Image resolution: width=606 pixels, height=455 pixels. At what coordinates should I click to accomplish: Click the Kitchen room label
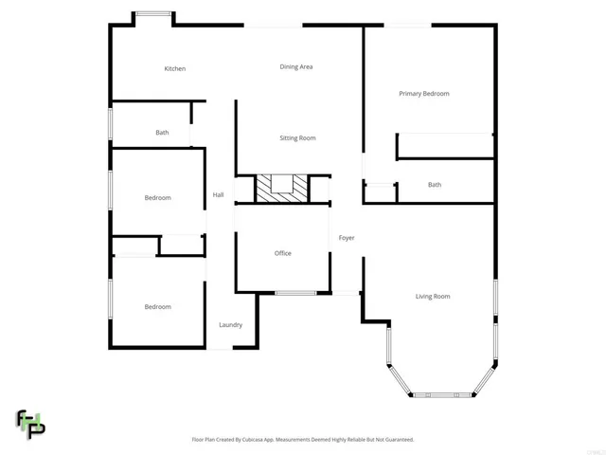[x=174, y=69]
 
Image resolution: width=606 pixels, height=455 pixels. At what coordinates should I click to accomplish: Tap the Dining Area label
[x=296, y=67]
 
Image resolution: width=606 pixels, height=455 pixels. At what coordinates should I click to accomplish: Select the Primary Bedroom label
[x=423, y=94]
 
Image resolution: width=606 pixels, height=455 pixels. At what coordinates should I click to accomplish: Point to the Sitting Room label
[x=297, y=138]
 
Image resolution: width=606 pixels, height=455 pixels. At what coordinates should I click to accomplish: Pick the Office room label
[x=282, y=253]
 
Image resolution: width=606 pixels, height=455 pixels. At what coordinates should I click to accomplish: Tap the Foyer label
[x=347, y=238]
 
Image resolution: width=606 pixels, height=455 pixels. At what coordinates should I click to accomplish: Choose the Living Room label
[x=433, y=297]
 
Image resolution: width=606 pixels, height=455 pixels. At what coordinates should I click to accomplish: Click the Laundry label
[x=230, y=325]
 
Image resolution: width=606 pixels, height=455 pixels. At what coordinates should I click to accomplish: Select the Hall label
[x=218, y=195]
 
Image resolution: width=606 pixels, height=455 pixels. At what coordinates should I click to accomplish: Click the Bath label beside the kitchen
[x=162, y=133]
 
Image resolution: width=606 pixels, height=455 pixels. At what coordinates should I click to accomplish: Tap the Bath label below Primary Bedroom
[x=434, y=185]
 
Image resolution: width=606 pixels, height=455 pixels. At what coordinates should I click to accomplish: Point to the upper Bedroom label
[x=157, y=198]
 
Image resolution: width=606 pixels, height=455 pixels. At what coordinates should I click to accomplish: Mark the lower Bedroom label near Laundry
[x=157, y=307]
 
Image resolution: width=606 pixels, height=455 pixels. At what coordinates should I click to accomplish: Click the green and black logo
[x=30, y=424]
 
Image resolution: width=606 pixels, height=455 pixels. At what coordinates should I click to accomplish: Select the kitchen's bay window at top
[x=152, y=13]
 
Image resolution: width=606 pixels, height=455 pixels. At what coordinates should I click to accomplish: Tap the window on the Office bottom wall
[x=295, y=293]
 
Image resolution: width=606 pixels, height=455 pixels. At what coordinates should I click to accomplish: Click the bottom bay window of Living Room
[x=441, y=394]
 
